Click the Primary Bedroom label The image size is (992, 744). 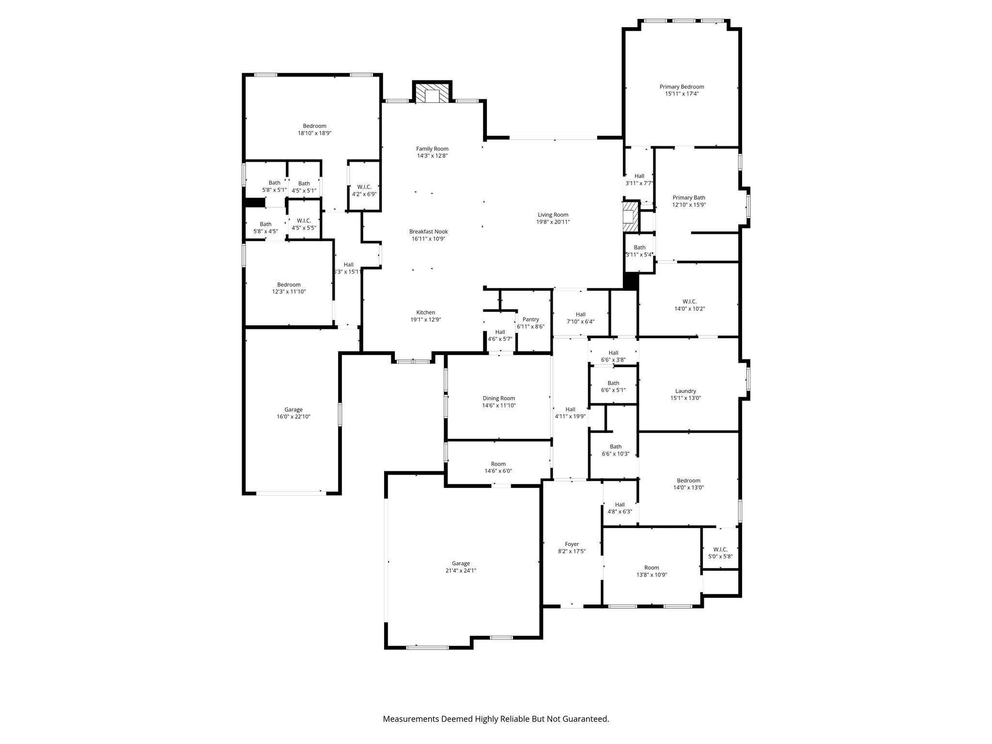click(x=682, y=87)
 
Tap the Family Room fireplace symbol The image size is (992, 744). click(x=432, y=95)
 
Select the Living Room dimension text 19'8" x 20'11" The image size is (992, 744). click(x=553, y=222)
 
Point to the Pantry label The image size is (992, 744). click(x=530, y=319)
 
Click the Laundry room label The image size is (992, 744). click(x=685, y=391)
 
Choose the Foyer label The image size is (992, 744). click(x=572, y=544)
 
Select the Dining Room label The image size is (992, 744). click(x=498, y=398)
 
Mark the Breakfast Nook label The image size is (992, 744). click(x=428, y=232)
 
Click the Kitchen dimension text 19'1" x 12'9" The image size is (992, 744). click(x=426, y=320)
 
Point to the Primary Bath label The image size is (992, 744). click(x=689, y=197)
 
